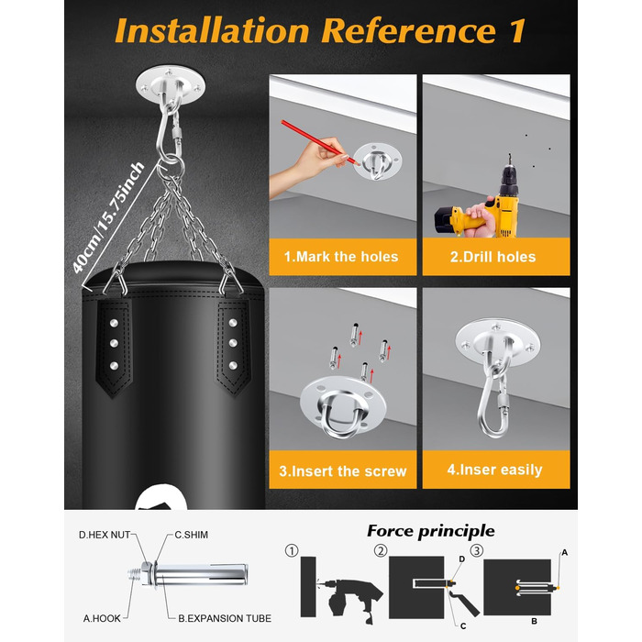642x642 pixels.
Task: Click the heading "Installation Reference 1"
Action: pos(320,30)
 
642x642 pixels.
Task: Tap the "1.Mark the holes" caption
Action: pos(341,257)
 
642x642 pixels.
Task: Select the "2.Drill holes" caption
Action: pos(493,257)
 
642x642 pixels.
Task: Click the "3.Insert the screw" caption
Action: pos(343,470)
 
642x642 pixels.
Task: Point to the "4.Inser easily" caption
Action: pos(494,470)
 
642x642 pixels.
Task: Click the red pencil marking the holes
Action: pos(320,142)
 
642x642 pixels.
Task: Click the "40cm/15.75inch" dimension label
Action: pos(108,217)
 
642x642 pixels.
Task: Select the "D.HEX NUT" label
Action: pos(105,535)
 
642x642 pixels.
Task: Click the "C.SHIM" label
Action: pos(191,535)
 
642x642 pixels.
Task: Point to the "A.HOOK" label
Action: pos(102,618)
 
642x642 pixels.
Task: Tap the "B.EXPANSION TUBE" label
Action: pos(225,618)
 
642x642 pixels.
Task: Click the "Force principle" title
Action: pos(431,531)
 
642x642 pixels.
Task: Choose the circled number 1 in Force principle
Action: pos(292,550)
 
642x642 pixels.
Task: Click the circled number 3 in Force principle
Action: pos(477,550)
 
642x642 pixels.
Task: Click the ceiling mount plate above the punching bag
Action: pos(171,85)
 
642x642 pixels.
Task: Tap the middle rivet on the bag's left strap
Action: pos(115,343)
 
